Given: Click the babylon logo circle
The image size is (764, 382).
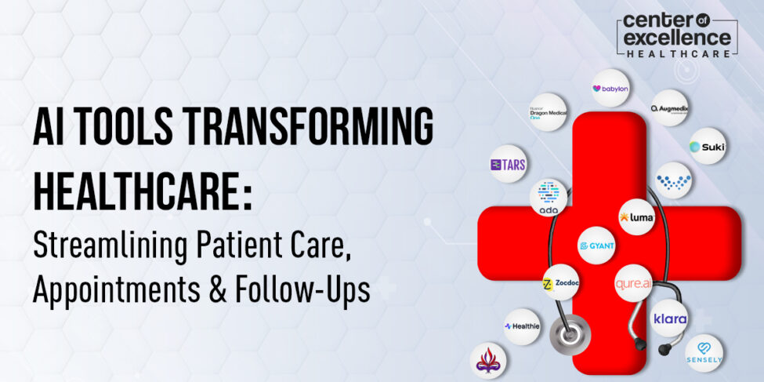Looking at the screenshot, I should click(x=610, y=89).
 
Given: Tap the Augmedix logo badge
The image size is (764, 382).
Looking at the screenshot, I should click(x=668, y=108).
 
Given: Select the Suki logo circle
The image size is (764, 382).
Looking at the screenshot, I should click(x=707, y=146).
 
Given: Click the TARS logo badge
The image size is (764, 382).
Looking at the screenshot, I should click(x=508, y=165).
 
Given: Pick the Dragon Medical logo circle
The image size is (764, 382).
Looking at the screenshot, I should click(x=548, y=112).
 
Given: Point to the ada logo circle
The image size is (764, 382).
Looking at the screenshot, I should click(x=549, y=198).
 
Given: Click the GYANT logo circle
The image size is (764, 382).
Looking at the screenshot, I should click(x=596, y=246).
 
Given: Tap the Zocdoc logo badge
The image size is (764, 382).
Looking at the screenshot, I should click(x=561, y=285).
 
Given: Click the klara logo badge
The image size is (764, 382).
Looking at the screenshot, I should click(x=670, y=318).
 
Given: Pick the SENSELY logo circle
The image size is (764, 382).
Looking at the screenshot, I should click(x=704, y=353).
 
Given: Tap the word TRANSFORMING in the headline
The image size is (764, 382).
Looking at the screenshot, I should click(x=306, y=127).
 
